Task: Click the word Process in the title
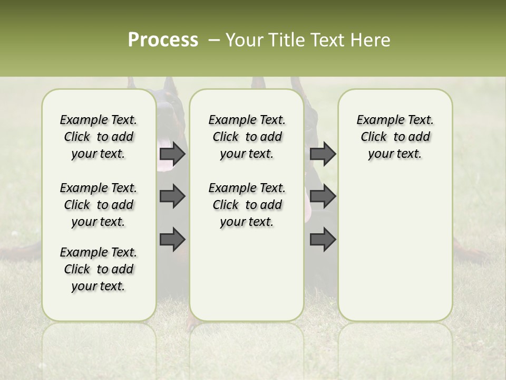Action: point(163,40)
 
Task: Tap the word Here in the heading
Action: point(370,40)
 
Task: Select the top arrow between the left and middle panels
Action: point(172,154)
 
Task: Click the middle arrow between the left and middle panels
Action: point(172,196)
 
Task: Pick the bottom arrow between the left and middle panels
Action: point(172,239)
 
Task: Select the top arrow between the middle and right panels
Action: point(323,154)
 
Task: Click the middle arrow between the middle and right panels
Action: point(323,196)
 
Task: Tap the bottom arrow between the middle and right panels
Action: point(323,239)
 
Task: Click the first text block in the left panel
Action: point(99,137)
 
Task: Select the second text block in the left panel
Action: point(99,205)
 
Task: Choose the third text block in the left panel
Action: point(99,269)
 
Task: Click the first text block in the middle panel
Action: point(247,137)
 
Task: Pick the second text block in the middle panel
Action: point(247,205)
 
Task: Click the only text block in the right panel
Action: point(395,137)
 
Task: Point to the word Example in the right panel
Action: point(376,120)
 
